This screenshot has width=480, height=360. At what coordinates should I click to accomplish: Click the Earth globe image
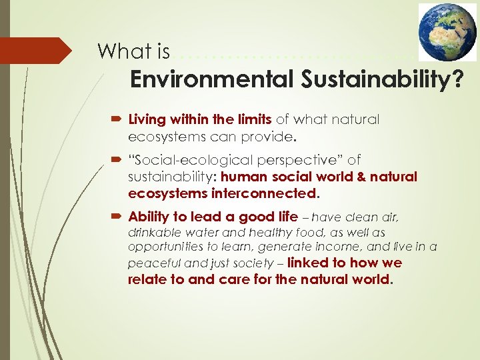447,32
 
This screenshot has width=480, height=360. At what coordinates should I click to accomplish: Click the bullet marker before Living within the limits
117,120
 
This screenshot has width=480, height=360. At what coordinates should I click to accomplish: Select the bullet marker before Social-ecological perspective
117,160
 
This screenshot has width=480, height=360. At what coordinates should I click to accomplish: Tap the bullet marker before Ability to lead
117,217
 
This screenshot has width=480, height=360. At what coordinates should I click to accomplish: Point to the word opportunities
162,247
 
